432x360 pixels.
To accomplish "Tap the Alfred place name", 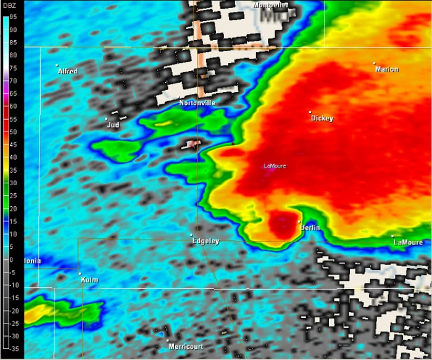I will click(68, 72).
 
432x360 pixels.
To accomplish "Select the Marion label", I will click(387, 69).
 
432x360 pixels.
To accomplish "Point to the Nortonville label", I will click(197, 103).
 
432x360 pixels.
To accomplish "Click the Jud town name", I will click(113, 125).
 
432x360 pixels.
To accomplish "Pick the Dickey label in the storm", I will click(322, 118).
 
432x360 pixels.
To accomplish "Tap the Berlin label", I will click(310, 228).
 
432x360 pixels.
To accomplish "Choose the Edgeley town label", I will click(206, 241).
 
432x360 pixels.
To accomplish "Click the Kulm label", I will click(89, 280).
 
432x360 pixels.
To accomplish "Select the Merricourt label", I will click(186, 346).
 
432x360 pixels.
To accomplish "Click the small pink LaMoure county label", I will click(275, 165).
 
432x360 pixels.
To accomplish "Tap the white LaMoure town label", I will click(409, 242).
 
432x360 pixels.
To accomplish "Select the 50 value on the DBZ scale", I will click(12, 132).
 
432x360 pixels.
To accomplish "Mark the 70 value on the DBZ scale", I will click(12, 81).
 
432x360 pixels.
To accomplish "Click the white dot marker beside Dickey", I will click(310, 112).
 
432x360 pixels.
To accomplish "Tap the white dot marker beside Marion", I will click(374, 63).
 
